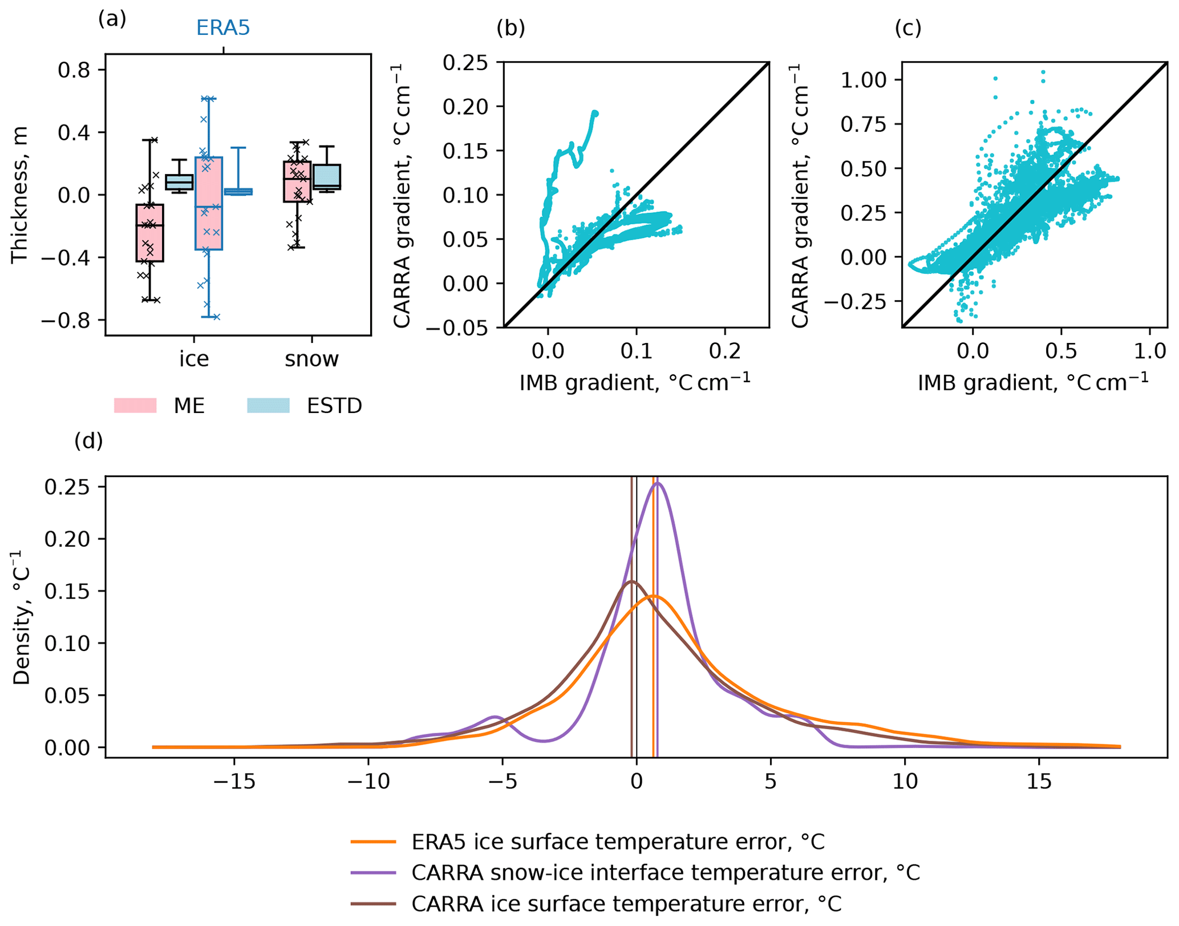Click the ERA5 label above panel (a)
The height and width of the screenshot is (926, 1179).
point(223,28)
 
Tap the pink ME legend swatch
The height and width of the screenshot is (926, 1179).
point(135,406)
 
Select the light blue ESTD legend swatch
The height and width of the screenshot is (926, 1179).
point(268,406)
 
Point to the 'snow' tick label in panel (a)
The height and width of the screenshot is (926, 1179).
point(311,359)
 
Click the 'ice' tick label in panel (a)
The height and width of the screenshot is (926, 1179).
point(194,359)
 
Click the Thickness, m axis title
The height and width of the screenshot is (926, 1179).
point(20,195)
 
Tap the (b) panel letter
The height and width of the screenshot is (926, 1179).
point(511,27)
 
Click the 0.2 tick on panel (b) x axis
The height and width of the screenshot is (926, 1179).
point(725,351)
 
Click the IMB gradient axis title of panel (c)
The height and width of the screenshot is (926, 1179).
point(1033,382)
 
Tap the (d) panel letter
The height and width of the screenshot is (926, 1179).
point(88,441)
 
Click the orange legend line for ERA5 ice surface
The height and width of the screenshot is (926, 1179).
point(374,842)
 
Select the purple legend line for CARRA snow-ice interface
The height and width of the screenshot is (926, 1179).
point(374,872)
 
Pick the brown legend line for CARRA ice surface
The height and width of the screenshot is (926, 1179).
point(374,904)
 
